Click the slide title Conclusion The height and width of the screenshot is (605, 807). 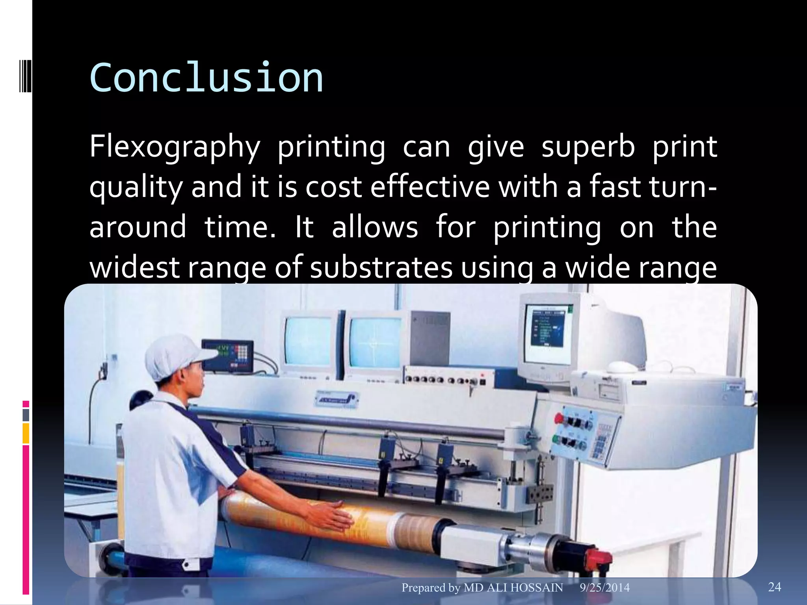point(206,78)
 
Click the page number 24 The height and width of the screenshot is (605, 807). point(774,587)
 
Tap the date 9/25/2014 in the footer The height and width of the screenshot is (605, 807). point(604,588)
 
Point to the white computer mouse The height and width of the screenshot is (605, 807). point(621,367)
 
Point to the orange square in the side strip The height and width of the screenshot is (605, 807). point(26,433)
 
